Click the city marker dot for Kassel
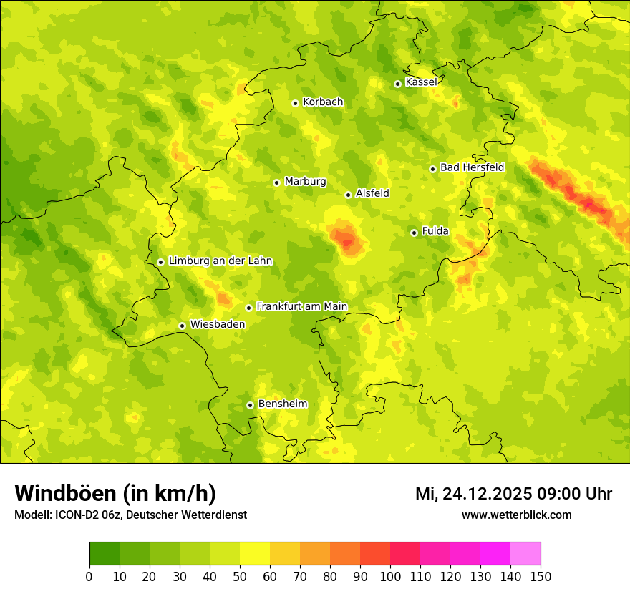click(397, 84)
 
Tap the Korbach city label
click(323, 102)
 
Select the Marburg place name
click(305, 182)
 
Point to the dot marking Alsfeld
click(348, 195)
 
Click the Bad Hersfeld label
click(472, 167)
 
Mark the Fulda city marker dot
click(414, 233)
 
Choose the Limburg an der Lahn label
click(220, 261)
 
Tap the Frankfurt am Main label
click(301, 307)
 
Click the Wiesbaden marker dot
click(182, 326)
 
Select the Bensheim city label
click(282, 404)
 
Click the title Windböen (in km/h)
click(115, 493)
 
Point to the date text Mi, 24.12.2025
click(474, 494)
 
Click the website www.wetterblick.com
click(516, 515)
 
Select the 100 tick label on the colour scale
click(390, 577)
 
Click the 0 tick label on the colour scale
click(89, 577)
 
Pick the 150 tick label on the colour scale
click(541, 577)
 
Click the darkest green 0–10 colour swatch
click(105, 554)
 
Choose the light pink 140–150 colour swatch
click(525, 554)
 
